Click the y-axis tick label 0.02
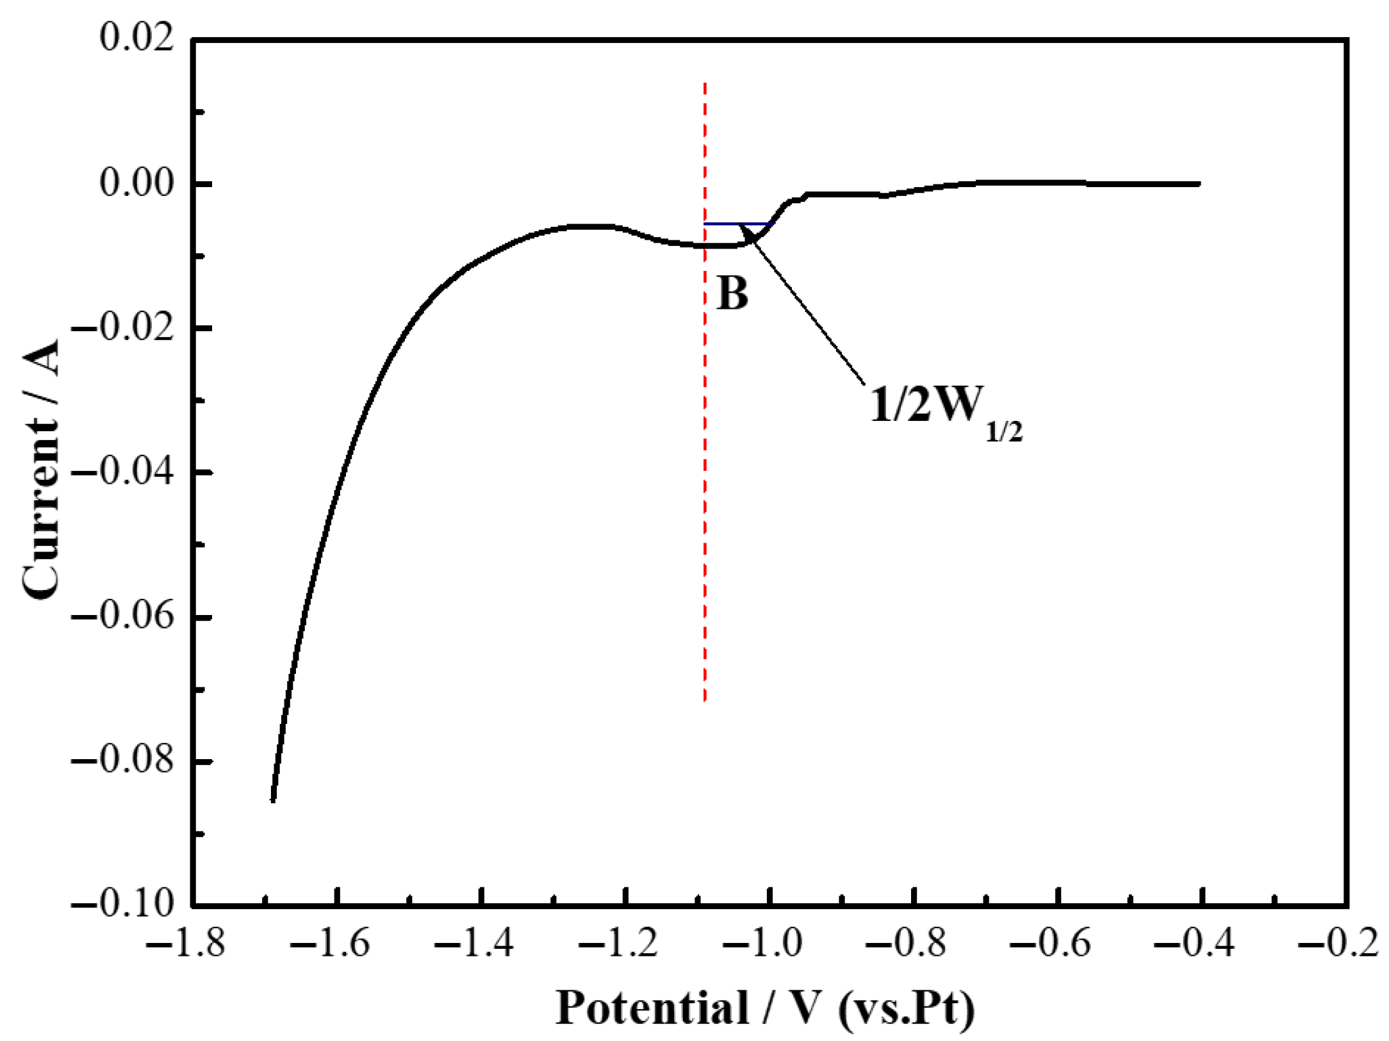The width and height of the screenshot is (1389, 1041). pyautogui.click(x=136, y=38)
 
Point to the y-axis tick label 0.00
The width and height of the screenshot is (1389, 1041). pyautogui.click(x=136, y=184)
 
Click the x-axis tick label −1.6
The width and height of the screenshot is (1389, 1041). pyautogui.click(x=329, y=945)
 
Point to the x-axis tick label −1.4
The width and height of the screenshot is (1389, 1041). pyautogui.click(x=474, y=945)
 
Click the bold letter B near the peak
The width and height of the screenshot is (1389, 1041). pyautogui.click(x=732, y=295)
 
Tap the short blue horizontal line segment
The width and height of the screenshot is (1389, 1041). pyautogui.click(x=737, y=224)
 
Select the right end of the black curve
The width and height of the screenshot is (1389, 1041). pyautogui.click(x=1199, y=184)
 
